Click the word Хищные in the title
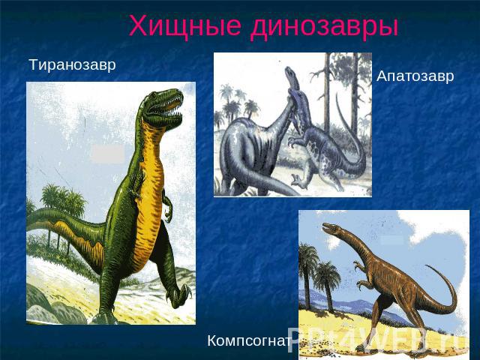point(185,26)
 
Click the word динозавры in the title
point(325,27)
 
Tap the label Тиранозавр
point(72,65)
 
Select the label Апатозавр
point(415,76)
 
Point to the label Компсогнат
point(249,340)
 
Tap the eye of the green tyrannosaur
point(152,96)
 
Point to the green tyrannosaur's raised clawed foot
point(178,295)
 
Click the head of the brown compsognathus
point(331,228)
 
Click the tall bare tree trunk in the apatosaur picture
point(327,91)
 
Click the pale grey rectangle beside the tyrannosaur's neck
point(108,154)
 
